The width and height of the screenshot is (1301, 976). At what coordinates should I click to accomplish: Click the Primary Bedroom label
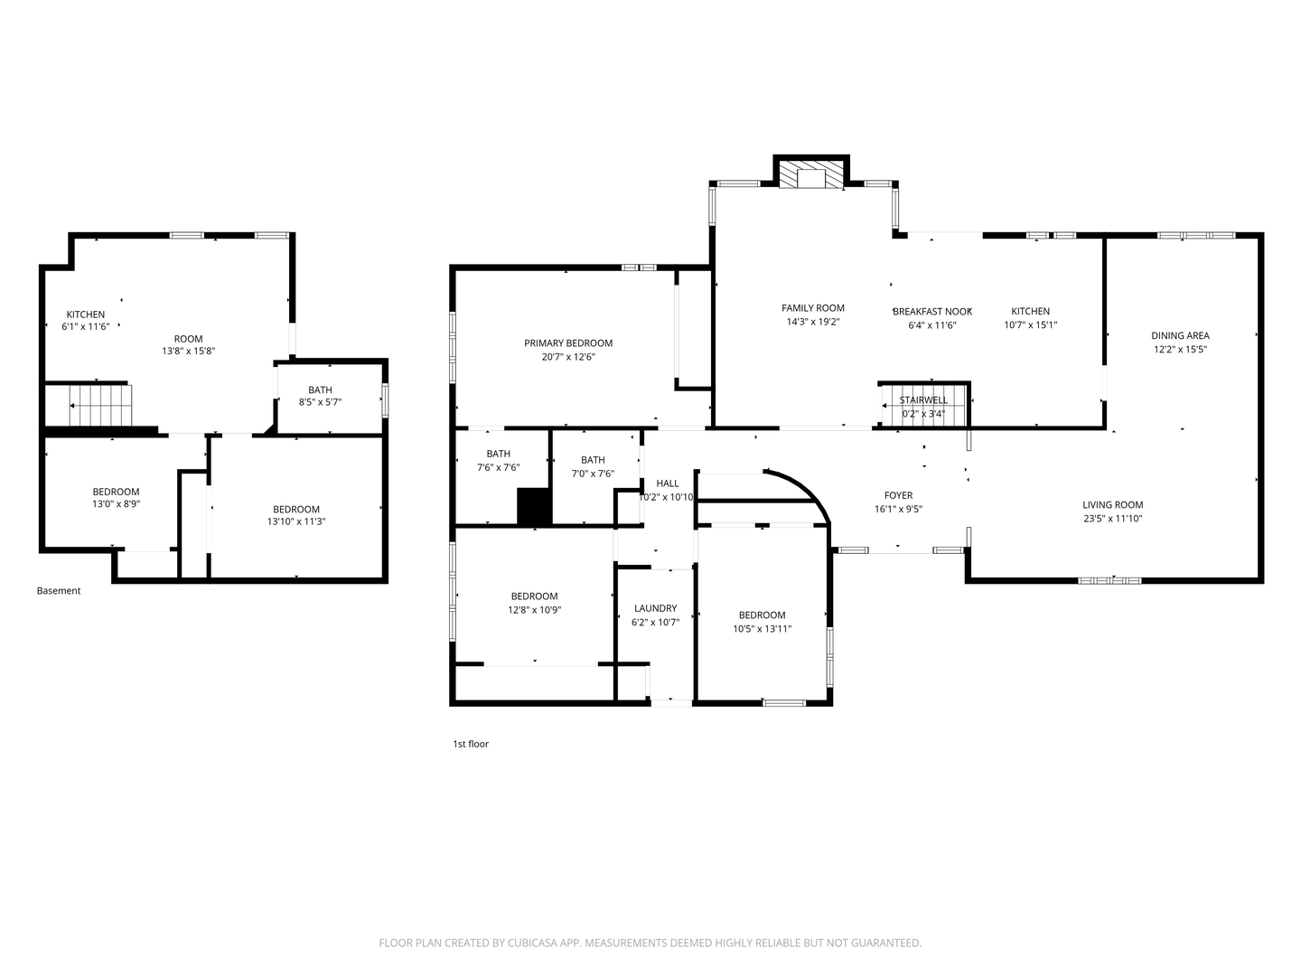coord(567,343)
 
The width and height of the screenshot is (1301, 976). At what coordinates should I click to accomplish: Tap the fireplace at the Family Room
coord(810,174)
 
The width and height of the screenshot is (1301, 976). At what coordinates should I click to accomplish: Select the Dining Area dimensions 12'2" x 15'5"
coord(1180,349)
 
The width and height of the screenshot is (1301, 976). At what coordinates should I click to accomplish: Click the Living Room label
coord(1112,505)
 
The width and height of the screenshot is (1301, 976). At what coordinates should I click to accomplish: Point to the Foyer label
coord(898,495)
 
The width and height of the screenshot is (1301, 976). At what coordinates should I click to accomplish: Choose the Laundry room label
coord(655,608)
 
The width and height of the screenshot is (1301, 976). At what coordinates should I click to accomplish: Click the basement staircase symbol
coord(100,406)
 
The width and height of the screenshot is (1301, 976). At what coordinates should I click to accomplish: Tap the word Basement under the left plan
coord(59,590)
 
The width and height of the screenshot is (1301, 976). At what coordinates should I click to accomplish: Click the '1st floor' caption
coord(471,744)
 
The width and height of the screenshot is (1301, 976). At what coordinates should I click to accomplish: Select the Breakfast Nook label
coord(932,312)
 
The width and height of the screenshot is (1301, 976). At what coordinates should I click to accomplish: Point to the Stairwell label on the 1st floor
coord(923,400)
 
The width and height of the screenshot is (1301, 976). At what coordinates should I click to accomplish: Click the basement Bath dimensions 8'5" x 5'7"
coord(320,402)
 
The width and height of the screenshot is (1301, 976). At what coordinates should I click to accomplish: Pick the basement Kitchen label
coord(85,314)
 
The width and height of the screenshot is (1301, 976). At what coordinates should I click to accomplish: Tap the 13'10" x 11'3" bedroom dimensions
coord(296,521)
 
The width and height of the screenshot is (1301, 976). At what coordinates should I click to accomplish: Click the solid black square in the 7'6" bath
coord(535,506)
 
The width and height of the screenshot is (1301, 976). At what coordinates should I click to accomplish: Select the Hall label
coord(668,483)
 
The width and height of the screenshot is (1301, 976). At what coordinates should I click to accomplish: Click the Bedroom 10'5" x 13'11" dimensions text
coord(763,629)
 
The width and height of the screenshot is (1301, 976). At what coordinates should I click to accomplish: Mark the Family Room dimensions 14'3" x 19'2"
coord(812,322)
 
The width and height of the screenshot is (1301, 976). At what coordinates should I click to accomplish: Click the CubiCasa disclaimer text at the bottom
coord(650,943)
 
